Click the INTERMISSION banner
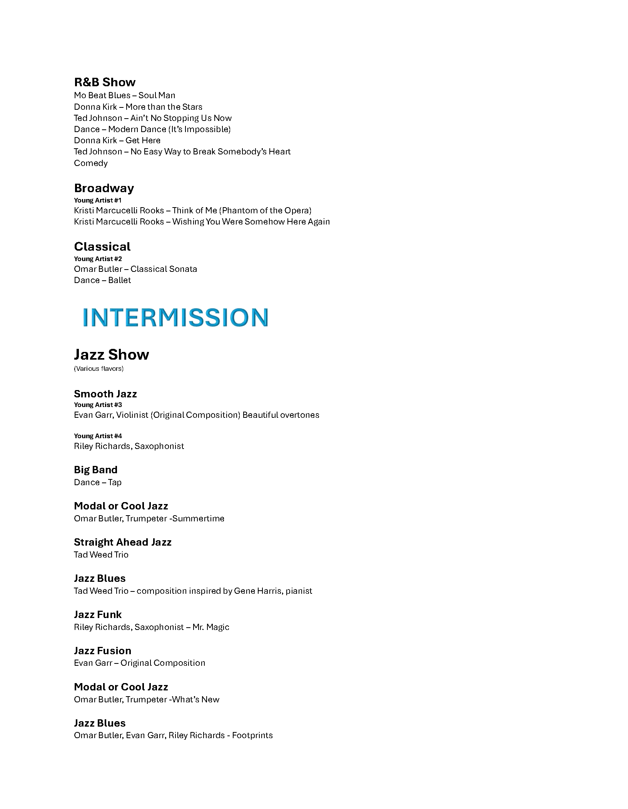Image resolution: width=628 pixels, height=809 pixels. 175,317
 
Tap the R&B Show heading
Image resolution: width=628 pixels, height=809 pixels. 105,82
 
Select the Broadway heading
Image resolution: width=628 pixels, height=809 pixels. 104,188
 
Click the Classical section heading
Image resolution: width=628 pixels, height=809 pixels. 102,246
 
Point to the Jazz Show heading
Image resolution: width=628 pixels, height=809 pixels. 111,354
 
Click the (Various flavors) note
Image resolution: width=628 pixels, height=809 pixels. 99,368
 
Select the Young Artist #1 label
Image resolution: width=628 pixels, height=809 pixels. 98,200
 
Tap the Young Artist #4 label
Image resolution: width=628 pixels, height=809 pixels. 98,436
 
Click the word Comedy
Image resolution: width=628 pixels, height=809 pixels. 91,163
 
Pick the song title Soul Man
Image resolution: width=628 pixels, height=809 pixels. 157,95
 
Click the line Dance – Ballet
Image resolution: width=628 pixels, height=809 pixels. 102,280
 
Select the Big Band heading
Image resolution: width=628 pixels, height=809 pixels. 95,470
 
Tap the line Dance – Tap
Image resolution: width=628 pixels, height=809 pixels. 98,482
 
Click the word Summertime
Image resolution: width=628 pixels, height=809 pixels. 198,518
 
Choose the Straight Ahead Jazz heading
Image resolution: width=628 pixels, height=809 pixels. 122,542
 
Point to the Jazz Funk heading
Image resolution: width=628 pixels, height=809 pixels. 98,615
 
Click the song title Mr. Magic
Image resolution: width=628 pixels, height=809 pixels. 211,627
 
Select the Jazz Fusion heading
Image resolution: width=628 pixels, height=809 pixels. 102,651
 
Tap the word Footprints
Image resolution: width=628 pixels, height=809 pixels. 252,735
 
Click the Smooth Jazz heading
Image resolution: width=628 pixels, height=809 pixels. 105,394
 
